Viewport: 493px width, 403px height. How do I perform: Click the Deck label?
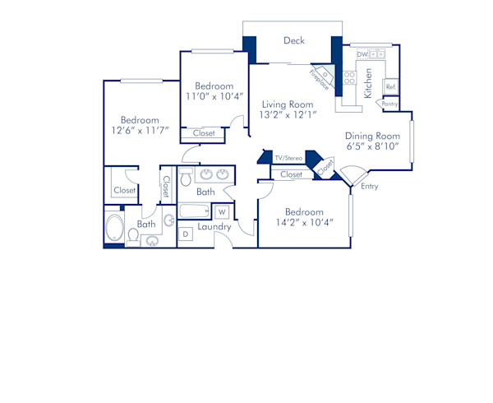[x=294, y=40]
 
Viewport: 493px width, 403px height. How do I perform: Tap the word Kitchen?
[x=368, y=82]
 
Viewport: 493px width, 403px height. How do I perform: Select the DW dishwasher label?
[x=361, y=53]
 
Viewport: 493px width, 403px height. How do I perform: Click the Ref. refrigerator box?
[x=391, y=86]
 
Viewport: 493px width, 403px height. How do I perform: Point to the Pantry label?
[x=390, y=104]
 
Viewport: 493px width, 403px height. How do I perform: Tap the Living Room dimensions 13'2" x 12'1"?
[x=288, y=116]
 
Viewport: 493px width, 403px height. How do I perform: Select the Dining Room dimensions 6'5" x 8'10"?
[x=371, y=146]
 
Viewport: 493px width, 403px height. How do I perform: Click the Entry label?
[x=371, y=188]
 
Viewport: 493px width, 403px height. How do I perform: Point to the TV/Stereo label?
[x=288, y=157]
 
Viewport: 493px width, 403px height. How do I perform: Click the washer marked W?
[x=221, y=212]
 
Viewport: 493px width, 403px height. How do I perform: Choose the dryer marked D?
[x=185, y=234]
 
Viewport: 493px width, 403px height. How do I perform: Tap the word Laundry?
[x=214, y=226]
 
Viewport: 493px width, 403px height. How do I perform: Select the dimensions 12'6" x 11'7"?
[x=139, y=131]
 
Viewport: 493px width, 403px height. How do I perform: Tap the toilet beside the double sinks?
[x=186, y=177]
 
